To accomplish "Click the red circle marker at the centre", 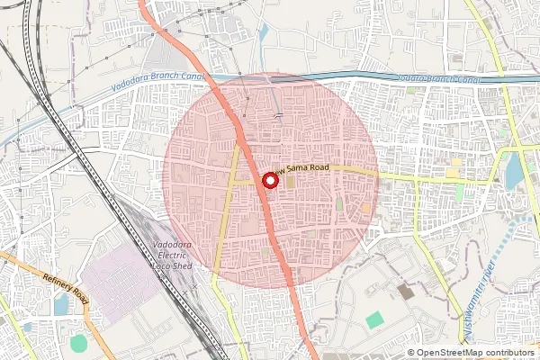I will point(268,180).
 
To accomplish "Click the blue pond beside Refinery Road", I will point(61,306).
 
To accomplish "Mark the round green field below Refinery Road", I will point(79,343).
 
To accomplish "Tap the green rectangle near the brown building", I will point(374,319).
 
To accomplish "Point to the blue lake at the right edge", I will point(514,171).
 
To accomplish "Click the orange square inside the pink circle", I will point(366,208).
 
